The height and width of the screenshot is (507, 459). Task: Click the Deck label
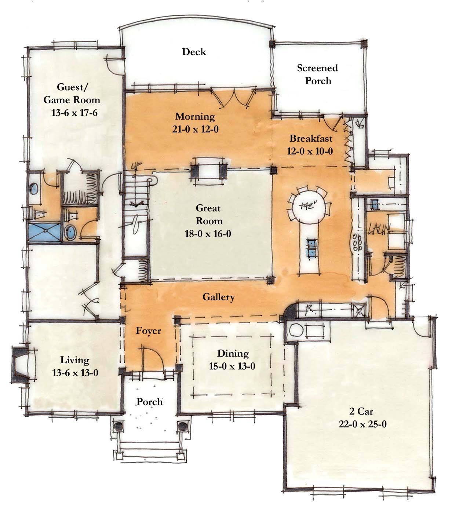click(194, 52)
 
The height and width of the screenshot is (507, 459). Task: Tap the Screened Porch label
click(317, 74)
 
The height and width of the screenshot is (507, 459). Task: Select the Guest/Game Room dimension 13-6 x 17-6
click(74, 113)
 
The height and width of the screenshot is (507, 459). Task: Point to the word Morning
click(195, 117)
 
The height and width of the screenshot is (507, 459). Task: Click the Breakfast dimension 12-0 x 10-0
click(310, 151)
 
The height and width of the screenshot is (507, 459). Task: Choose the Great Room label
click(208, 215)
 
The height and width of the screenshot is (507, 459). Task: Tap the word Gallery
click(218, 297)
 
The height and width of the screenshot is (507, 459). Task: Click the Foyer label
click(148, 331)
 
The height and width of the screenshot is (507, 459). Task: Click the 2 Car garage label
click(362, 411)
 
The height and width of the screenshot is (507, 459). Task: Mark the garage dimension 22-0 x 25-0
click(362, 424)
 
